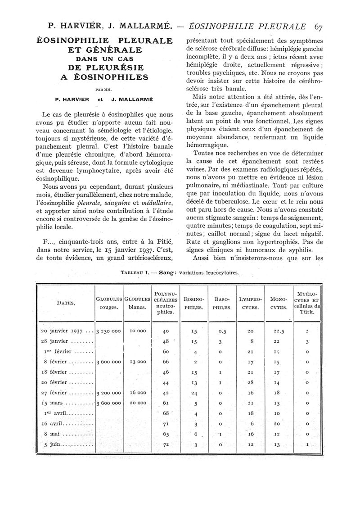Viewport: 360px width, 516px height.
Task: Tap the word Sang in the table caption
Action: tap(162, 272)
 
